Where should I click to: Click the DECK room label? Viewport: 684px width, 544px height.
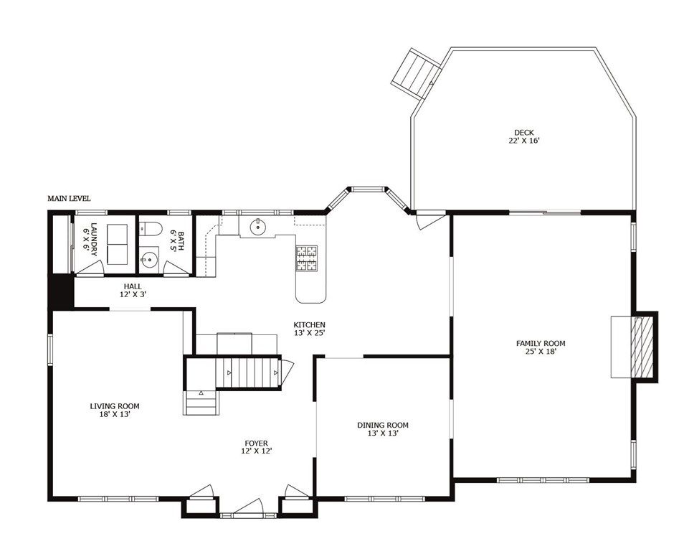click(x=523, y=132)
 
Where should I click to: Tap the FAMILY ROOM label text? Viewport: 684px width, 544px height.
click(x=541, y=343)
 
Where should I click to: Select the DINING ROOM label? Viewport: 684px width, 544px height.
click(x=382, y=425)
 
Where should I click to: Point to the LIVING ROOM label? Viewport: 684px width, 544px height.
click(x=114, y=406)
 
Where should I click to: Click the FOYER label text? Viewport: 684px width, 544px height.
click(x=256, y=444)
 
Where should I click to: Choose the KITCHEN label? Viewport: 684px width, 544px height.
click(x=309, y=324)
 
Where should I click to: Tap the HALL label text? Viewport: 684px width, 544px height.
click(x=133, y=286)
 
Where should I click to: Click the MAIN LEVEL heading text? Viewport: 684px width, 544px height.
click(x=69, y=198)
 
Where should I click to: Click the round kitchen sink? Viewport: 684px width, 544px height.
click(x=258, y=228)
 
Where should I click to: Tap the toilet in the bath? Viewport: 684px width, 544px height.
click(x=148, y=230)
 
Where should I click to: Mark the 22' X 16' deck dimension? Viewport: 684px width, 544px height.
click(x=523, y=141)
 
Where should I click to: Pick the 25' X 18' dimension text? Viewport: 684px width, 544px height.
click(x=541, y=352)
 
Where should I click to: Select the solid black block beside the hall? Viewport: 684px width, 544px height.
click(x=62, y=291)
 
